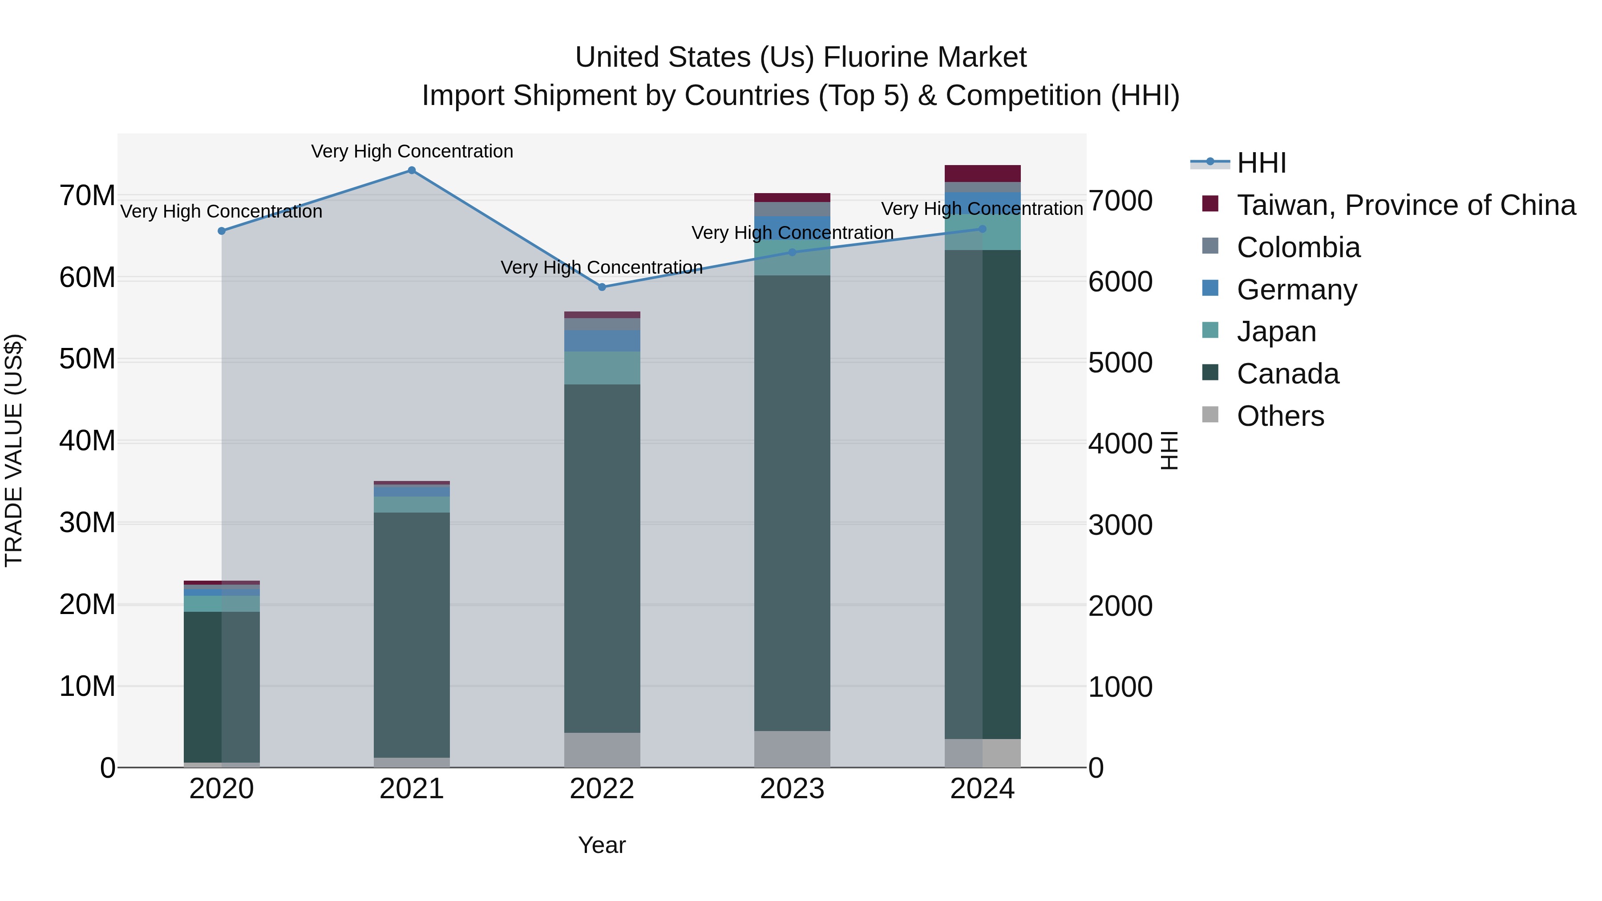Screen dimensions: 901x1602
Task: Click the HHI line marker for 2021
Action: (x=412, y=170)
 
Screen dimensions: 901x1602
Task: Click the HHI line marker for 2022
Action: (x=602, y=287)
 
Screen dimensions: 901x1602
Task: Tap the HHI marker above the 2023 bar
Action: (x=792, y=252)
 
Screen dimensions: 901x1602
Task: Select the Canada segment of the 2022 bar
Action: (x=602, y=558)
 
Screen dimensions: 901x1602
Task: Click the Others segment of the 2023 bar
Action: (x=792, y=749)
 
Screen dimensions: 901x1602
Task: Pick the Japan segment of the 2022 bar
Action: (x=602, y=368)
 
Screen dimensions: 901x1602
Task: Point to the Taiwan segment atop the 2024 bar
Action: (x=983, y=174)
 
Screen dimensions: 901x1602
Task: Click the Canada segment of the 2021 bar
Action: (x=412, y=634)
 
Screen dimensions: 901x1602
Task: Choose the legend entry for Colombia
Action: (x=1298, y=247)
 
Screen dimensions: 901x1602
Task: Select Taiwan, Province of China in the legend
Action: (x=1405, y=205)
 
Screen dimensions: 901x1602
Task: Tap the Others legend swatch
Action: (x=1210, y=415)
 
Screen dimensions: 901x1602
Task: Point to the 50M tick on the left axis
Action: (x=87, y=360)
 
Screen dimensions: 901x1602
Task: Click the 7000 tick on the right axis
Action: (x=1120, y=201)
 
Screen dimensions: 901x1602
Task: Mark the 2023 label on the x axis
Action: (x=792, y=789)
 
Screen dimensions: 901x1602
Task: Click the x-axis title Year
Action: (x=602, y=845)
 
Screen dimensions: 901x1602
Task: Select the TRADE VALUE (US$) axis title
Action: (x=14, y=450)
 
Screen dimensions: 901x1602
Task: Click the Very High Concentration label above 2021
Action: (x=412, y=151)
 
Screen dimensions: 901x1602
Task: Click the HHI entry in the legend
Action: (x=1261, y=163)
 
